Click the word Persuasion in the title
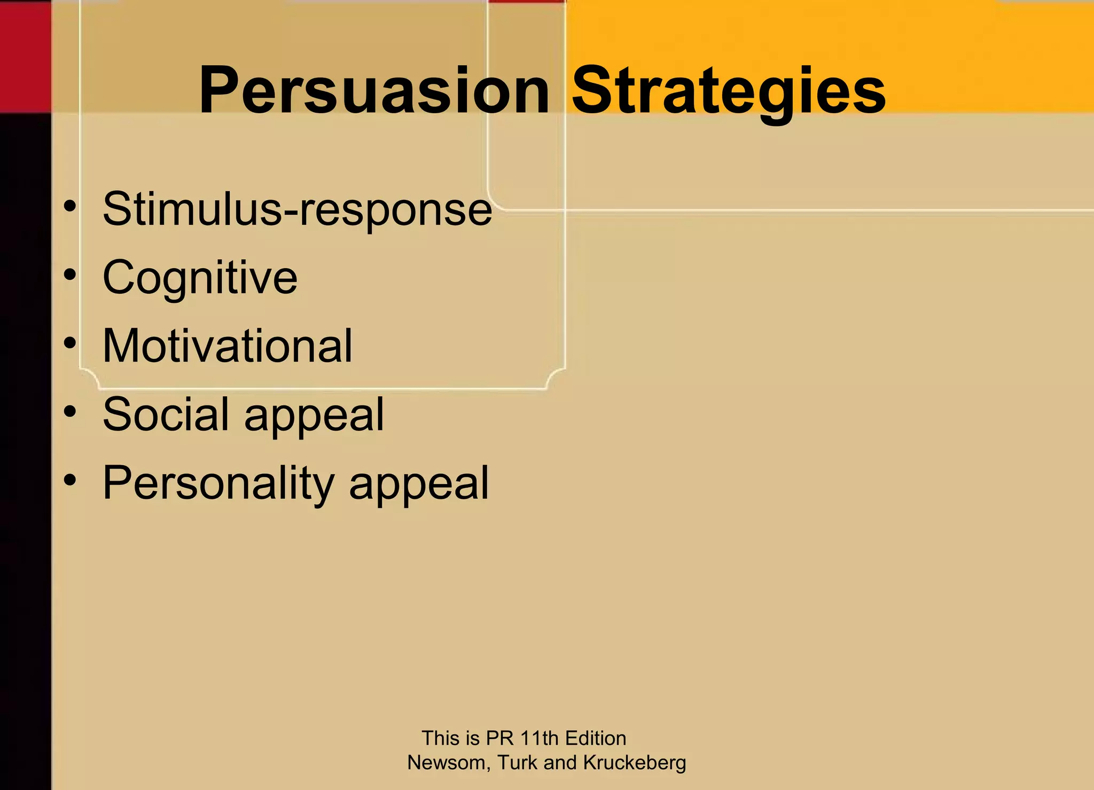(374, 91)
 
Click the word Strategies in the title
(729, 91)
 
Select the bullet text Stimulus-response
(297, 209)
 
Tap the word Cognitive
(200, 278)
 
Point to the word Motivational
(228, 346)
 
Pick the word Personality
(218, 483)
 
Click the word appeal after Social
(314, 416)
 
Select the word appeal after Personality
(419, 484)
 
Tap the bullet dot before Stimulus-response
(69, 206)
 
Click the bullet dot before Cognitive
(69, 275)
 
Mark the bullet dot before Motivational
(69, 343)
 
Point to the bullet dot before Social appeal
(69, 411)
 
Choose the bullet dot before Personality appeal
(69, 480)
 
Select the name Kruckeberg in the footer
(634, 763)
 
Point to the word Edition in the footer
(595, 738)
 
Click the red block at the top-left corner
(25, 56)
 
